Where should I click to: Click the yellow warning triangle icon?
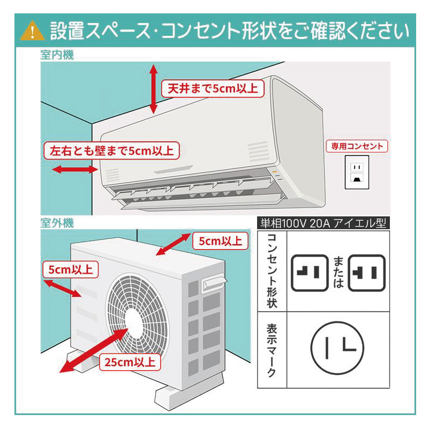[x=31, y=32]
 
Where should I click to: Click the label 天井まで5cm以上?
[x=213, y=88]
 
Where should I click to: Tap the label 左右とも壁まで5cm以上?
[x=111, y=150]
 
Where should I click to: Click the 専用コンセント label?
[x=357, y=146]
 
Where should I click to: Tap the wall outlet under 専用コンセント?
[x=357, y=172]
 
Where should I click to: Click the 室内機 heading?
[x=57, y=55]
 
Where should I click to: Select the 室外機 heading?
[x=57, y=222]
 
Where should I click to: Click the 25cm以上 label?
[x=130, y=362]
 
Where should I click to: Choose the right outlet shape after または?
[x=367, y=272]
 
